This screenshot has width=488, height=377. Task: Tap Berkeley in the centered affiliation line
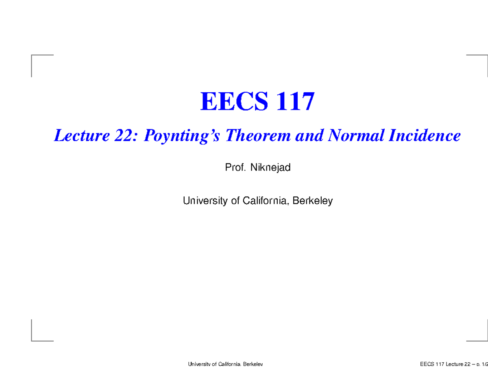(313, 200)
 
